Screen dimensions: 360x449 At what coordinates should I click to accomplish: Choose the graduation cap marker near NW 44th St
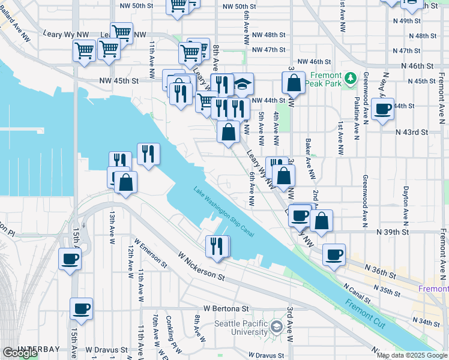click(242, 85)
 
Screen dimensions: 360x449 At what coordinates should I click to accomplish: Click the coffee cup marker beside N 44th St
click(382, 110)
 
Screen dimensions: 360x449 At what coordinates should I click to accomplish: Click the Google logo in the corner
click(20, 353)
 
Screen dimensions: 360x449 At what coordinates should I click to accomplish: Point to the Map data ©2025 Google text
click(412, 355)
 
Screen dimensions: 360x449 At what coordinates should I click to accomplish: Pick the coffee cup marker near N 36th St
click(334, 255)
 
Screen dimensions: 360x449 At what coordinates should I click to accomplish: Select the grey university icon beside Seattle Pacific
click(276, 328)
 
